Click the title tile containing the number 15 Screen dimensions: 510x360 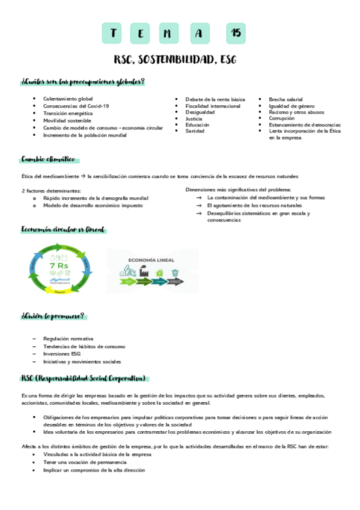pos(235,34)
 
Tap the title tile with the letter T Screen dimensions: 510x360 pos(112,34)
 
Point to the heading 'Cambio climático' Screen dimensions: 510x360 pos(48,159)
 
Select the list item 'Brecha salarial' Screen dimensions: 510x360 pos(285,99)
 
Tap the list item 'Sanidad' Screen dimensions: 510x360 pos(195,131)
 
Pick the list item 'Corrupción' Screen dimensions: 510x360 pos(282,118)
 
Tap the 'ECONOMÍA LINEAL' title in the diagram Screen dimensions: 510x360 pos(151,260)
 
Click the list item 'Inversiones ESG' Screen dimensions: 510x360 pos(62,354)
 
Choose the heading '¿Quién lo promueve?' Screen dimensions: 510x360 pos(53,316)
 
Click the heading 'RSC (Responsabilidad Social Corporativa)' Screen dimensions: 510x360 pos(84,378)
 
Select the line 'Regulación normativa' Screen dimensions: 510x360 pos(69,339)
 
